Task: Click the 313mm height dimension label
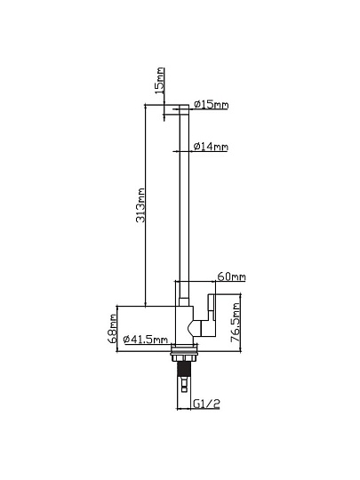point(140,205)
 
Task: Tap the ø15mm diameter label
point(212,105)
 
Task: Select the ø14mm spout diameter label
point(211,147)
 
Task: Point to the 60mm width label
point(231,276)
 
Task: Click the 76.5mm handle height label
point(236,323)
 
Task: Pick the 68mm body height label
point(113,329)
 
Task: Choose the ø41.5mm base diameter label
point(146,340)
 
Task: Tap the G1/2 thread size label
point(206,404)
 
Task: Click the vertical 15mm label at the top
point(160,81)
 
